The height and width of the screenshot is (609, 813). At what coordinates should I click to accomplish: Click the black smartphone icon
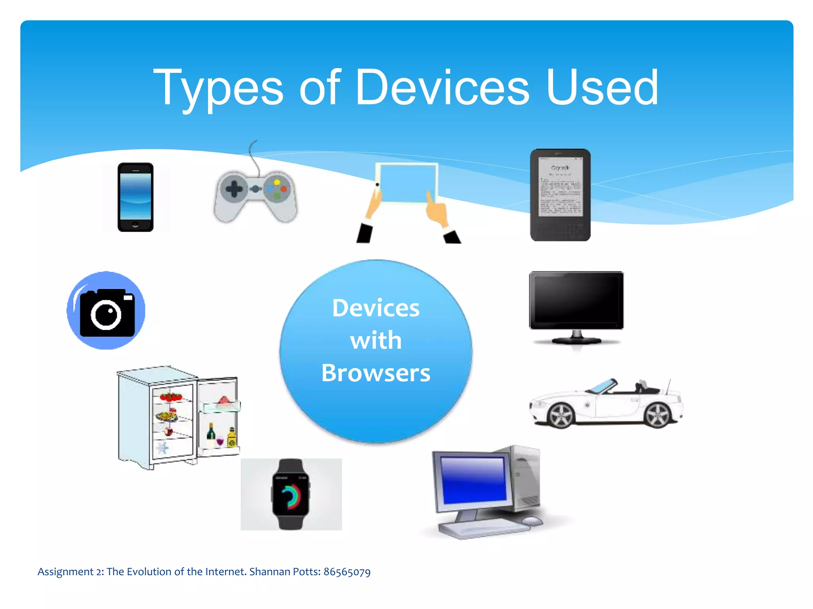click(135, 197)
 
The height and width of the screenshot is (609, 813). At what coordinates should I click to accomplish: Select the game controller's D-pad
click(234, 189)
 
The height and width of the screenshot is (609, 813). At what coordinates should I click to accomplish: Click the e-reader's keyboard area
click(560, 228)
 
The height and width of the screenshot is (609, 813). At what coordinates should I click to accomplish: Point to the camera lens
click(106, 315)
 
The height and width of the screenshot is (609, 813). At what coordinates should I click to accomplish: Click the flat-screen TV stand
click(576, 338)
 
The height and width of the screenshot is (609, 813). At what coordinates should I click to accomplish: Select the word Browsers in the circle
click(376, 373)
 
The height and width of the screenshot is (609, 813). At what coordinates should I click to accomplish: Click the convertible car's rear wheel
click(658, 415)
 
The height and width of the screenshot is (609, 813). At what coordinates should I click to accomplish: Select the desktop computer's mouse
click(532, 521)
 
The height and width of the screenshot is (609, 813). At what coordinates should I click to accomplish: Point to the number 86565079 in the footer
click(347, 572)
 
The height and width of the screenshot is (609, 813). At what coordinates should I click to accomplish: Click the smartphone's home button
click(135, 225)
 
